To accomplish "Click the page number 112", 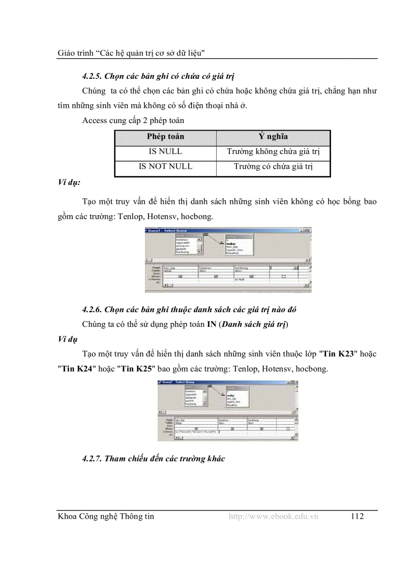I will [357, 517].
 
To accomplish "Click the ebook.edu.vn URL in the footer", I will [273, 517].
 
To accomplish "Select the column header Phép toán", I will [165, 137].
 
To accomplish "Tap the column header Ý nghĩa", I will [273, 137].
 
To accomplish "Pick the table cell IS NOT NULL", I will [165, 166].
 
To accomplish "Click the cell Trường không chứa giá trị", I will [273, 152].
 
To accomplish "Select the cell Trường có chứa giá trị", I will [273, 166].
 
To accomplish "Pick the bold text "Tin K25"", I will [135, 369].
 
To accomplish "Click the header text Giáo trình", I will [72, 52].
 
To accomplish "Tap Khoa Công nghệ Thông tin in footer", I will [106, 517].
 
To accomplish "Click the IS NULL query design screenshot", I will [228, 260].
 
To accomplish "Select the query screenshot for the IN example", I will [228, 410].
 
